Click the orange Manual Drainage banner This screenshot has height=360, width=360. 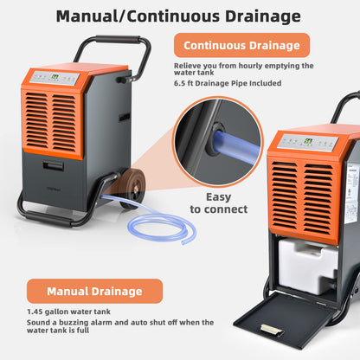(x=95, y=291)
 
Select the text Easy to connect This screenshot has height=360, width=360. (x=219, y=202)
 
